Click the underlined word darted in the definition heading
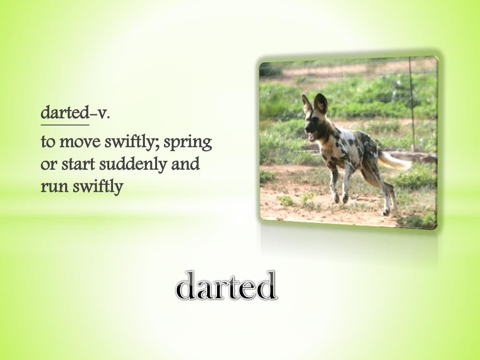click(x=64, y=113)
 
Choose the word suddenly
click(x=132, y=165)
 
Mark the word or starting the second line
click(x=47, y=165)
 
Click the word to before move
click(x=47, y=142)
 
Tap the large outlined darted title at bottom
click(x=226, y=286)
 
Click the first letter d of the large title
click(x=187, y=286)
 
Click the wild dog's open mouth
click(x=312, y=136)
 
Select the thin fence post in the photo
click(x=412, y=103)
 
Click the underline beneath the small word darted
click(x=64, y=125)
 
